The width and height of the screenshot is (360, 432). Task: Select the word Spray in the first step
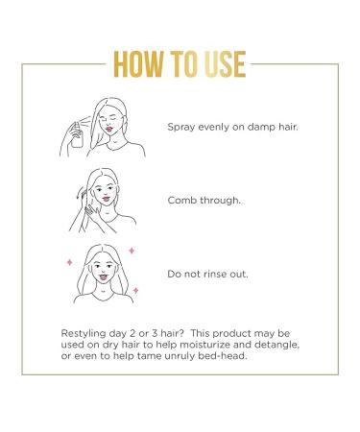(182, 125)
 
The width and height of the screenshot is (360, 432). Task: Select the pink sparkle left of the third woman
(69, 260)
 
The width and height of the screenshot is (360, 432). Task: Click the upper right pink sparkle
(132, 250)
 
